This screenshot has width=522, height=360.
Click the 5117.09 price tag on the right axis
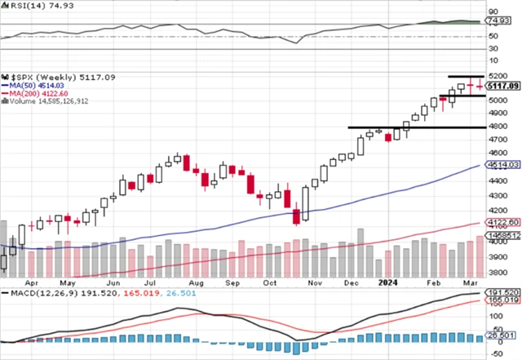502,85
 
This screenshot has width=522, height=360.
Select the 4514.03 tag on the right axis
502,166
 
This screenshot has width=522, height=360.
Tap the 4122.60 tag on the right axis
502,222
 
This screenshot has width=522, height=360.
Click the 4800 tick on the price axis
496,127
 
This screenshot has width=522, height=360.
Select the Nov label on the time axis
314,282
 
